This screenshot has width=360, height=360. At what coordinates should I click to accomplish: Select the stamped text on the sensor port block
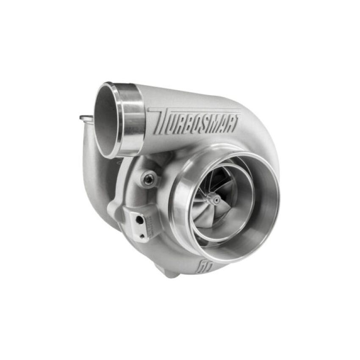(x=149, y=222)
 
